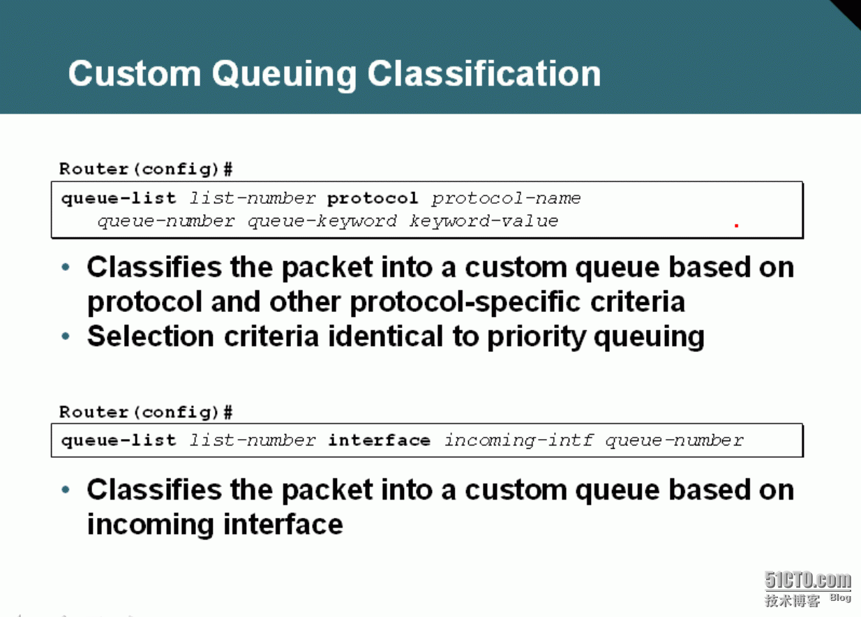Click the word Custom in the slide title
click(135, 73)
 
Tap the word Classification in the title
click(484, 73)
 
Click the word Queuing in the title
click(284, 75)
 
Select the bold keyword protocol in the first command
click(373, 199)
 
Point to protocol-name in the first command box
click(506, 199)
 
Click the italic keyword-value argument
click(484, 221)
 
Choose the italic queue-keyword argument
click(322, 221)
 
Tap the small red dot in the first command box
click(737, 225)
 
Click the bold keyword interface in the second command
click(379, 440)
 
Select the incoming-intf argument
click(519, 440)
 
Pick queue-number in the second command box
click(675, 440)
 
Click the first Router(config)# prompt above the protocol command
click(146, 169)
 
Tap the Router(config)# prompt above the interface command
click(146, 412)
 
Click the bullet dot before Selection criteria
click(66, 336)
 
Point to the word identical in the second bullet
click(386, 336)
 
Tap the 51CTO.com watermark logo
click(807, 580)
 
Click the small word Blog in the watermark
click(840, 597)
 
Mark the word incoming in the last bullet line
click(151, 525)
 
